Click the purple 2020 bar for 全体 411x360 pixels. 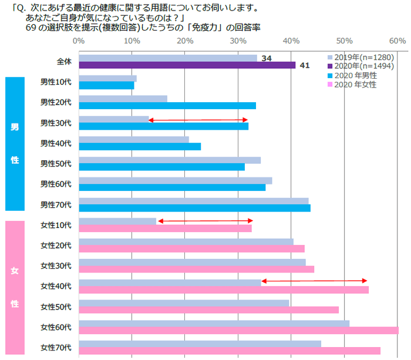pyautogui.click(x=187, y=65)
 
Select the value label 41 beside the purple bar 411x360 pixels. pyautogui.click(x=304, y=65)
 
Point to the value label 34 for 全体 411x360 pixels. pyautogui.click(x=266, y=58)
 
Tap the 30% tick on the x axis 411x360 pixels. pyautogui.click(x=238, y=41)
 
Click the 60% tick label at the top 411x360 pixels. pyautogui.click(x=397, y=41)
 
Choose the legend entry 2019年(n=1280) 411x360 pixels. pyautogui.click(x=360, y=58)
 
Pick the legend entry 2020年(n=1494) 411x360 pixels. pyautogui.click(x=360, y=66)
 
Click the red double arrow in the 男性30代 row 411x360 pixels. pyautogui.click(x=198, y=120)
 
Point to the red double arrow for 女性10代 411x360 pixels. pyautogui.click(x=205, y=221)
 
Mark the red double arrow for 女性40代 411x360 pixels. pyautogui.click(x=314, y=281)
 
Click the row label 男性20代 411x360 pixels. pyautogui.click(x=56, y=102)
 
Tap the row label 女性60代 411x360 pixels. pyautogui.click(x=56, y=327)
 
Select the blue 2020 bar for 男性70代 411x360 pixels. pyautogui.click(x=194, y=208)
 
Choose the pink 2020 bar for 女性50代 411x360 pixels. pyautogui.click(x=208, y=310)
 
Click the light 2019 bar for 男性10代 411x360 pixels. pyautogui.click(x=107, y=79)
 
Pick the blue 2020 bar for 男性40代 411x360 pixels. pyautogui.click(x=140, y=147)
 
